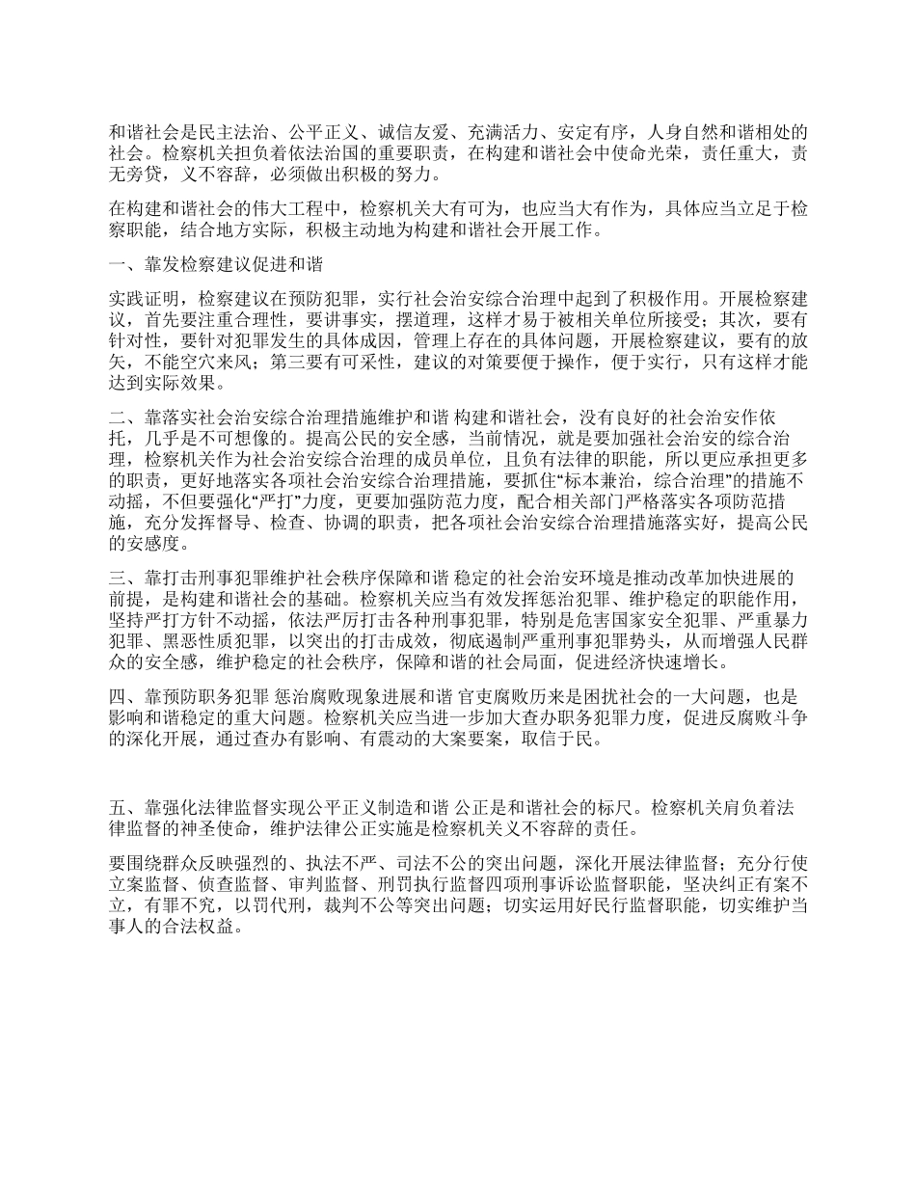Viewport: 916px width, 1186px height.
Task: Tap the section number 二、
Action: (x=118, y=418)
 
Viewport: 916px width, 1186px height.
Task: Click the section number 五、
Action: (x=118, y=806)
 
